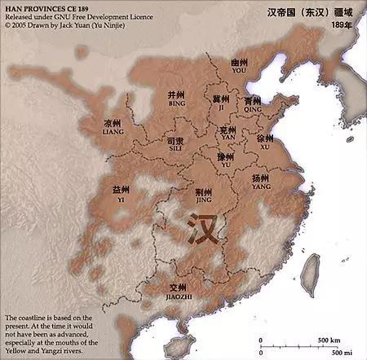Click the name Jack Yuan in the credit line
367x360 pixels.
tap(73, 25)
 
